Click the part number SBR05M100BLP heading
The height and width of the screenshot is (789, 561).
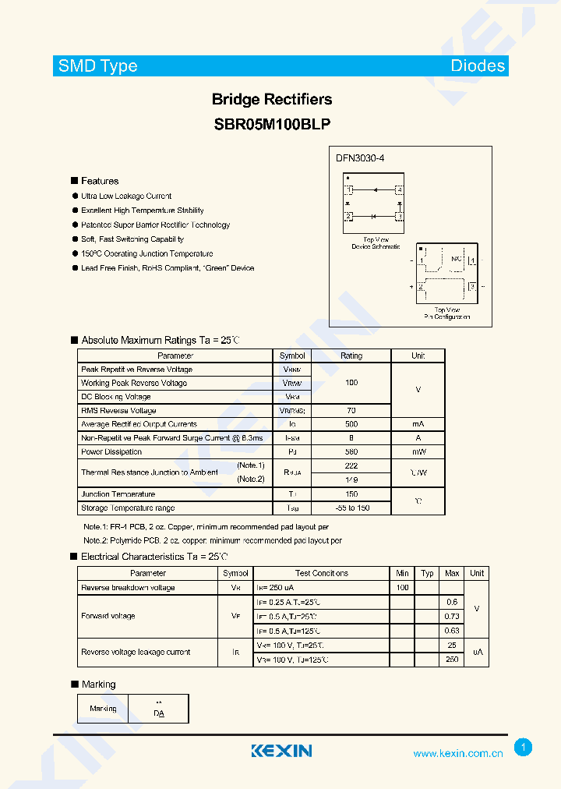[272, 123]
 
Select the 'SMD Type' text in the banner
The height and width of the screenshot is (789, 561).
[97, 66]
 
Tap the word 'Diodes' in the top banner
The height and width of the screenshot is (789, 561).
[478, 66]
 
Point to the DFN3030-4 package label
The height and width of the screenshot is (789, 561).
[360, 158]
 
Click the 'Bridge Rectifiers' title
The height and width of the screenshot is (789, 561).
[272, 99]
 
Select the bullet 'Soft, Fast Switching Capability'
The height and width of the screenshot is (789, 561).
[132, 239]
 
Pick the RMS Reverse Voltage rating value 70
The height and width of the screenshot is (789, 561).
[351, 410]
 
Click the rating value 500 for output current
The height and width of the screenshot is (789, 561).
[351, 424]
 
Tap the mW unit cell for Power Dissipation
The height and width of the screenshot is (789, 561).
[418, 451]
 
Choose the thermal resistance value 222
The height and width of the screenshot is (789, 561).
[351, 465]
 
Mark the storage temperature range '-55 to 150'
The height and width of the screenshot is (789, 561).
[351, 508]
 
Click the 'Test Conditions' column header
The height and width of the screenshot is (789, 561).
[322, 573]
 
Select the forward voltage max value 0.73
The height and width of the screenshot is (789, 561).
[452, 616]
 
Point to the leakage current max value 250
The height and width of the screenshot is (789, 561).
[452, 660]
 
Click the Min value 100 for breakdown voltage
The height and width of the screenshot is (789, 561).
[402, 588]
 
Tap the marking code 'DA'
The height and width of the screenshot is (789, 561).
[159, 713]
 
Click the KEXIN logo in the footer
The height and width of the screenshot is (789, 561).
[281, 751]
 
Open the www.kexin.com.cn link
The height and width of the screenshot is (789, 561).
[457, 754]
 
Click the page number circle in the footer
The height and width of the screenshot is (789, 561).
[523, 748]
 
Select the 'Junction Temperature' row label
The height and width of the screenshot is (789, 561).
[118, 494]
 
